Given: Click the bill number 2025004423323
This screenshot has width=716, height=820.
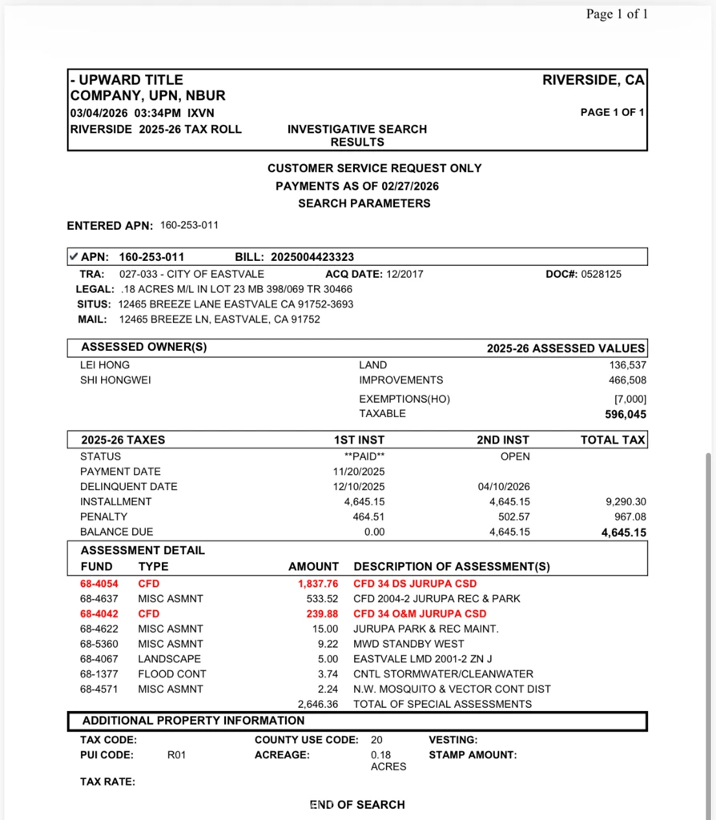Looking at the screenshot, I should point(312,257).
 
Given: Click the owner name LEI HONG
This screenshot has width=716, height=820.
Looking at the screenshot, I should point(105,365).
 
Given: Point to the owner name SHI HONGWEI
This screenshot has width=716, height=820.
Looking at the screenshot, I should point(115,380).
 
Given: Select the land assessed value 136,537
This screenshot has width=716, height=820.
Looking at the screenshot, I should point(626,365).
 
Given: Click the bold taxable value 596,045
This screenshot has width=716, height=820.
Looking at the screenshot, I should point(625,415).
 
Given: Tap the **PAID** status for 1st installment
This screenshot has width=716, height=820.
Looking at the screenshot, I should point(364,456).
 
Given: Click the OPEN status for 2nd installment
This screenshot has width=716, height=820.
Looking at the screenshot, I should point(515,456).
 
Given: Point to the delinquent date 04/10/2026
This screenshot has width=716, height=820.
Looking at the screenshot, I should point(504,487).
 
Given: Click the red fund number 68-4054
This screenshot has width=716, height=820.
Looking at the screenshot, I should point(99,584).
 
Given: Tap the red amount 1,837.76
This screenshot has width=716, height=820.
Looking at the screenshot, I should point(318,584).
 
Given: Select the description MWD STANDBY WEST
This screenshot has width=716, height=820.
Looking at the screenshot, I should point(403,644).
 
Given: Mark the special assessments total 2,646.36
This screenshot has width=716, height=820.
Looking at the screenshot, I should point(318,705).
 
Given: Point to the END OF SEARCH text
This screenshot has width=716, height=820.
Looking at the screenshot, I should point(357,805).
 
